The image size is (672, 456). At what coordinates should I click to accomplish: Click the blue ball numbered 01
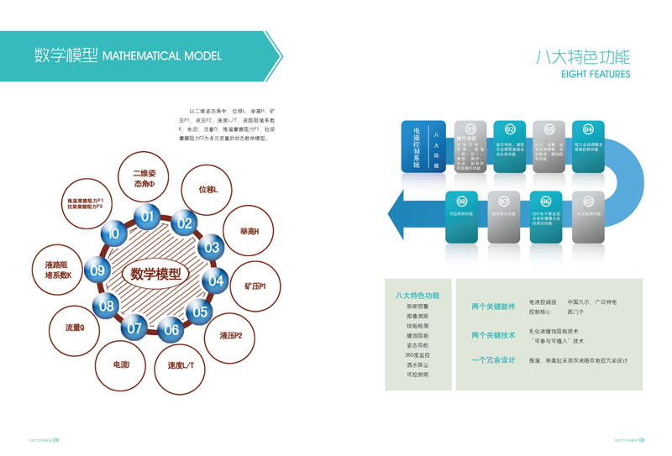pyautogui.click(x=148, y=217)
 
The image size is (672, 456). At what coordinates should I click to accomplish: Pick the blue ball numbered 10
pyautogui.click(x=113, y=233)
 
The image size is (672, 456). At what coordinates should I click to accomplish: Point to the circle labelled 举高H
pyautogui.click(x=249, y=231)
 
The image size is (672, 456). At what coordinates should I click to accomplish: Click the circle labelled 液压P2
pyautogui.click(x=231, y=336)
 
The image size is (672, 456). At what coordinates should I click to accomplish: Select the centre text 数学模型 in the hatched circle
pyautogui.click(x=155, y=274)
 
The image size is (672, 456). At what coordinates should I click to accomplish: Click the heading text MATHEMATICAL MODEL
pyautogui.click(x=161, y=56)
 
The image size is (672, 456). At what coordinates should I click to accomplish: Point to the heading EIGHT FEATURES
pyautogui.click(x=595, y=75)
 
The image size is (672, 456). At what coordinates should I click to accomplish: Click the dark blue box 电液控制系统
pyautogui.click(x=412, y=148)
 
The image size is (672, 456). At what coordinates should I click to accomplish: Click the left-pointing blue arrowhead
pyautogui.click(x=401, y=217)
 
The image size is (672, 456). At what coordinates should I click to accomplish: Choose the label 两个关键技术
pyautogui.click(x=493, y=336)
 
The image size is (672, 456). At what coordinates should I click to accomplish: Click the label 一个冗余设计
pyautogui.click(x=493, y=360)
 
